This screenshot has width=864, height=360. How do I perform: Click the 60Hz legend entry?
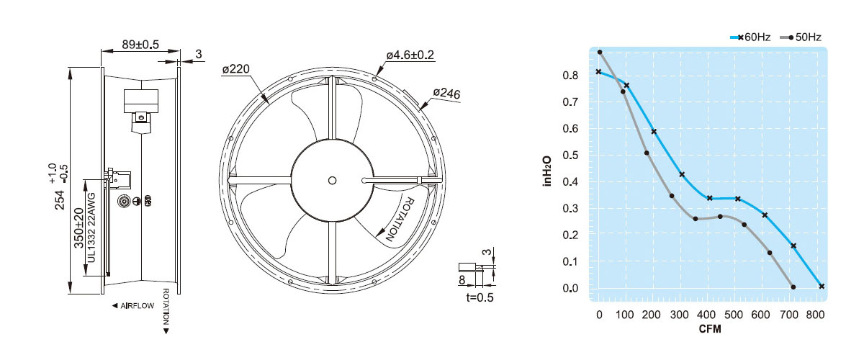pyautogui.click(x=750, y=37)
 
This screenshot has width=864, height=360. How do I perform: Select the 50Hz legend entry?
pyautogui.click(x=801, y=37)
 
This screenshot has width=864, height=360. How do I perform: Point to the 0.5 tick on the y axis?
pyautogui.click(x=570, y=155)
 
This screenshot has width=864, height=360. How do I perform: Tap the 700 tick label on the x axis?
pyautogui.click(x=789, y=315)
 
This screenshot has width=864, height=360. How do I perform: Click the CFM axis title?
pyautogui.click(x=710, y=329)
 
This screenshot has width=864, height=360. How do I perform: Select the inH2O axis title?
pyautogui.click(x=547, y=171)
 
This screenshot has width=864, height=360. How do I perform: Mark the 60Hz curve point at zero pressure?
pyautogui.click(x=822, y=287)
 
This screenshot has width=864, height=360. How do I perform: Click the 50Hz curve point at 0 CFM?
pyautogui.click(x=599, y=52)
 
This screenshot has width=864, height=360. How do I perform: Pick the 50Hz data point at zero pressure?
pyautogui.click(x=793, y=287)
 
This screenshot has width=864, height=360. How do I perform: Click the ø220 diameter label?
pyautogui.click(x=236, y=69)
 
